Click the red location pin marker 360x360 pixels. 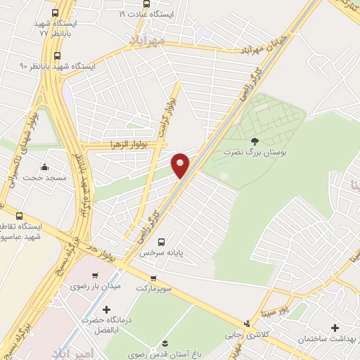(x=181, y=165)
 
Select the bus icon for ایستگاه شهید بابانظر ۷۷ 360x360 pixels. (x=56, y=13)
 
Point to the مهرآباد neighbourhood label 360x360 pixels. (x=146, y=41)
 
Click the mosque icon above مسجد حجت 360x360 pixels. (x=46, y=167)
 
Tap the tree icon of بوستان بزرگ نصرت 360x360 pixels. (x=254, y=141)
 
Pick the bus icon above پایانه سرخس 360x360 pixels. (x=162, y=239)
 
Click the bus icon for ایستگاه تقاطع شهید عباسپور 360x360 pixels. (x=18, y=216)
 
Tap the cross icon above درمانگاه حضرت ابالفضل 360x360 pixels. (x=106, y=309)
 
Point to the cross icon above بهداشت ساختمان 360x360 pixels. (x=335, y=328)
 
